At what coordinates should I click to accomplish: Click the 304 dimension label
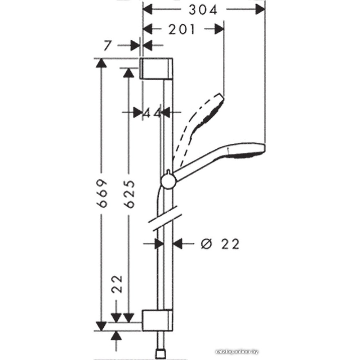coord(203,10)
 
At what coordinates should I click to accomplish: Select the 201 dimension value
coord(181,30)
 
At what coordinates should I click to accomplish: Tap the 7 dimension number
coord(107,45)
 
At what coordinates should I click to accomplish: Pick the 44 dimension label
coord(151,113)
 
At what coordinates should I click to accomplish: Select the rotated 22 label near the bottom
coord(117,284)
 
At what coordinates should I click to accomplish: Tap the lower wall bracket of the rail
coord(157,321)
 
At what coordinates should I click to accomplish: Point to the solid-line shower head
coord(219,159)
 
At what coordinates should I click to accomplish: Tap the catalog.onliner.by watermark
coord(237,352)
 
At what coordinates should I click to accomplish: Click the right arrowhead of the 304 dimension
coord(261,10)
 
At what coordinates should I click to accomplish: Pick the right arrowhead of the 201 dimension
coord(219,30)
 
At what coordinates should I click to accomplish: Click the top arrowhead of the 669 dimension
coord(101,63)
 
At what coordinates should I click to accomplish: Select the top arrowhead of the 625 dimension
coord(129,73)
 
